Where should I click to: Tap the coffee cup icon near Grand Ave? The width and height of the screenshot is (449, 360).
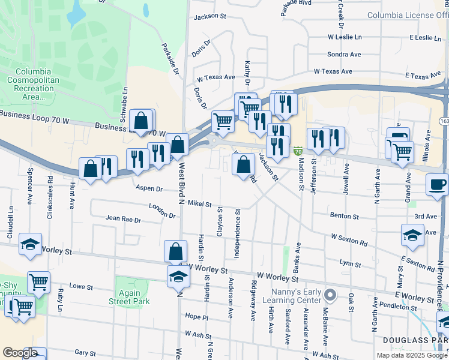coord(437,184)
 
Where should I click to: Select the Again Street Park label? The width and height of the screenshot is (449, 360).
coord(129,297)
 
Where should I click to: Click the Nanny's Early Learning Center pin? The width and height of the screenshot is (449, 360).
coord(330,295)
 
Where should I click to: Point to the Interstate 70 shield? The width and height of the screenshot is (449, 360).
coord(298,150)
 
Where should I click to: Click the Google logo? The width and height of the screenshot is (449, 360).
coord(20,353)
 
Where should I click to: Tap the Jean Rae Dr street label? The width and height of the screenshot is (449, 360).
coord(123,220)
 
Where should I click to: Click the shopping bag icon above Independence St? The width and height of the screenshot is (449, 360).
coord(243,164)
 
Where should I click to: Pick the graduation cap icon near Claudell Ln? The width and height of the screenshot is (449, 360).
coord(30,244)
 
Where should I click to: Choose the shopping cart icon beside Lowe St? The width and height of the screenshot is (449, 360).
coord(38,281)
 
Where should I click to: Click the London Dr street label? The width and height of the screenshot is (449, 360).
coord(162,210)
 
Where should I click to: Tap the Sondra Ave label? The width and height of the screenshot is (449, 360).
coord(344,55)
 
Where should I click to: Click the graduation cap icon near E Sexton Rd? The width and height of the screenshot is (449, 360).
coord(412,236)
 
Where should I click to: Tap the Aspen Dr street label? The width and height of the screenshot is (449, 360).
coord(149,188)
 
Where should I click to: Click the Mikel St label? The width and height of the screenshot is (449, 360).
coord(199,204)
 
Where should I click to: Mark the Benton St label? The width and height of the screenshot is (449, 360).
coord(344,215)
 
